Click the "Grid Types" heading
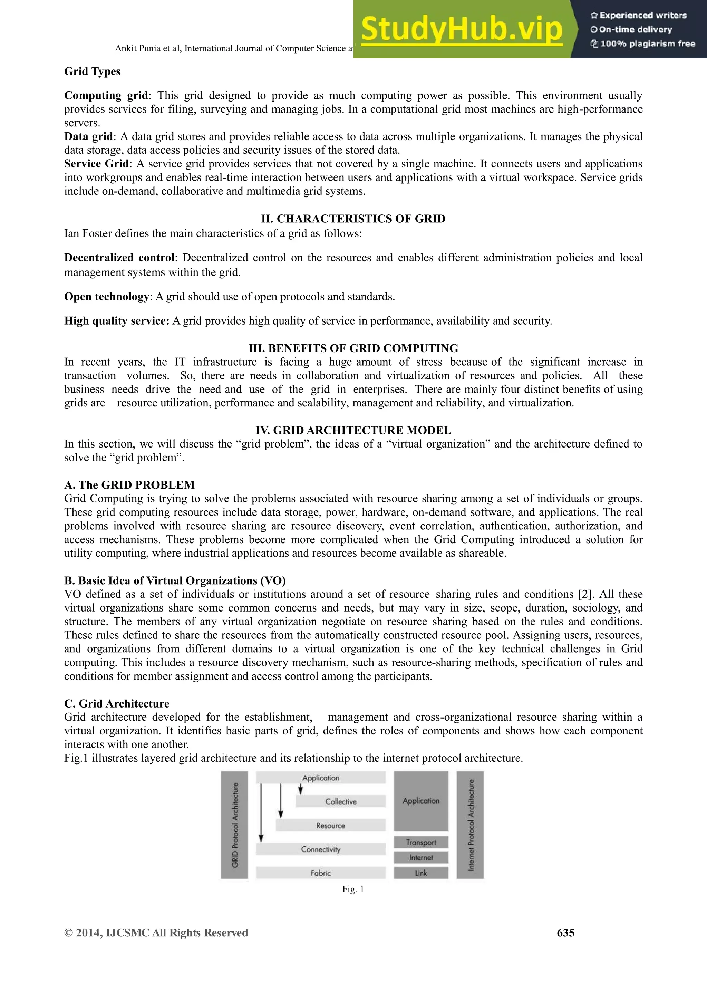[x=92, y=71]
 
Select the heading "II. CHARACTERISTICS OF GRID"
[x=353, y=219]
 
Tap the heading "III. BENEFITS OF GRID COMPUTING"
[x=353, y=348]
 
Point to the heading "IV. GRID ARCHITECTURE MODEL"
[x=353, y=430]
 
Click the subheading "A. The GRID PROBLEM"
[x=129, y=485]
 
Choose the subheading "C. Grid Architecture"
[x=117, y=703]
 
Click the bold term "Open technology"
[x=107, y=297]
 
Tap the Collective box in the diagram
[x=341, y=801]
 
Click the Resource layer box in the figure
[x=331, y=825]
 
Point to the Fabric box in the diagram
[x=321, y=873]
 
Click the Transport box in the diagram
[x=421, y=842]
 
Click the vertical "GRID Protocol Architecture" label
[x=235, y=825]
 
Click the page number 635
[x=565, y=932]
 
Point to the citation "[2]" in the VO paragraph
[x=586, y=594]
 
